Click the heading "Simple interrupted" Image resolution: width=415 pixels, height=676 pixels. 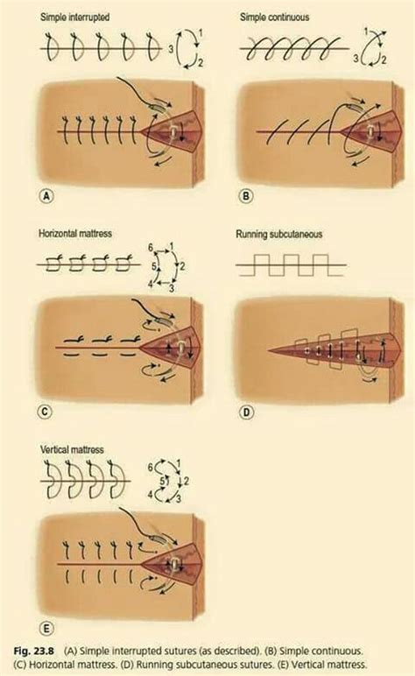click(x=74, y=18)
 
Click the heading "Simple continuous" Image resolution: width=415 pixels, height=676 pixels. click(x=275, y=18)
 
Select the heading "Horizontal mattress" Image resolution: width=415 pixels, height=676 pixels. click(x=75, y=234)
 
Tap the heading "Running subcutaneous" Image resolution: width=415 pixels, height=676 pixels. click(x=278, y=235)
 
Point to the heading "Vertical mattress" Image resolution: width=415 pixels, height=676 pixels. click(x=72, y=450)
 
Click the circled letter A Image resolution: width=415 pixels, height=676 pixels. click(x=46, y=197)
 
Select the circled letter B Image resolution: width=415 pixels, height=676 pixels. click(x=246, y=197)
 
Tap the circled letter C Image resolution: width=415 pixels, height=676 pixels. click(x=45, y=412)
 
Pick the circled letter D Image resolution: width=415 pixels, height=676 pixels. click(x=246, y=412)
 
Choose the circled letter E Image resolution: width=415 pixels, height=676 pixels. click(x=46, y=629)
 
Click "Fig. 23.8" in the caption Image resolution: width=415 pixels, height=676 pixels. click(x=33, y=651)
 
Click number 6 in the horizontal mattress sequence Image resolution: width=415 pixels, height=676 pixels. click(x=151, y=248)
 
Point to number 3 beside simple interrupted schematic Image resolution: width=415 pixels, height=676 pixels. click(x=171, y=49)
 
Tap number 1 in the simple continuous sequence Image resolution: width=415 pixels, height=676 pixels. click(x=366, y=32)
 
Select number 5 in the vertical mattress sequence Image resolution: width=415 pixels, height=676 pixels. click(x=163, y=480)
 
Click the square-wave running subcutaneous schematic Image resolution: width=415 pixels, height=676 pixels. click(x=291, y=265)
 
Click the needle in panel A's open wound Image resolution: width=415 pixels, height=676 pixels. click(x=173, y=131)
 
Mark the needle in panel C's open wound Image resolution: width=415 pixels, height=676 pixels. click(x=181, y=347)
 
